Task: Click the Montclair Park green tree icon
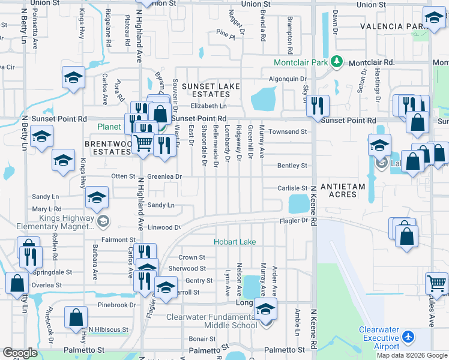[337, 62]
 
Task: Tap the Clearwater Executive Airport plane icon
[409, 337]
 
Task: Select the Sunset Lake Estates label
[211, 90]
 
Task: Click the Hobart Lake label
[235, 242]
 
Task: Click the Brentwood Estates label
[108, 148]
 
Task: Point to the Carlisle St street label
[292, 188]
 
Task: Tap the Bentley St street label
[292, 166]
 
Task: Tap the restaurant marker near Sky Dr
[318, 105]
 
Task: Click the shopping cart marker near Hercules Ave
[436, 283]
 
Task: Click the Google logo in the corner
[20, 353]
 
